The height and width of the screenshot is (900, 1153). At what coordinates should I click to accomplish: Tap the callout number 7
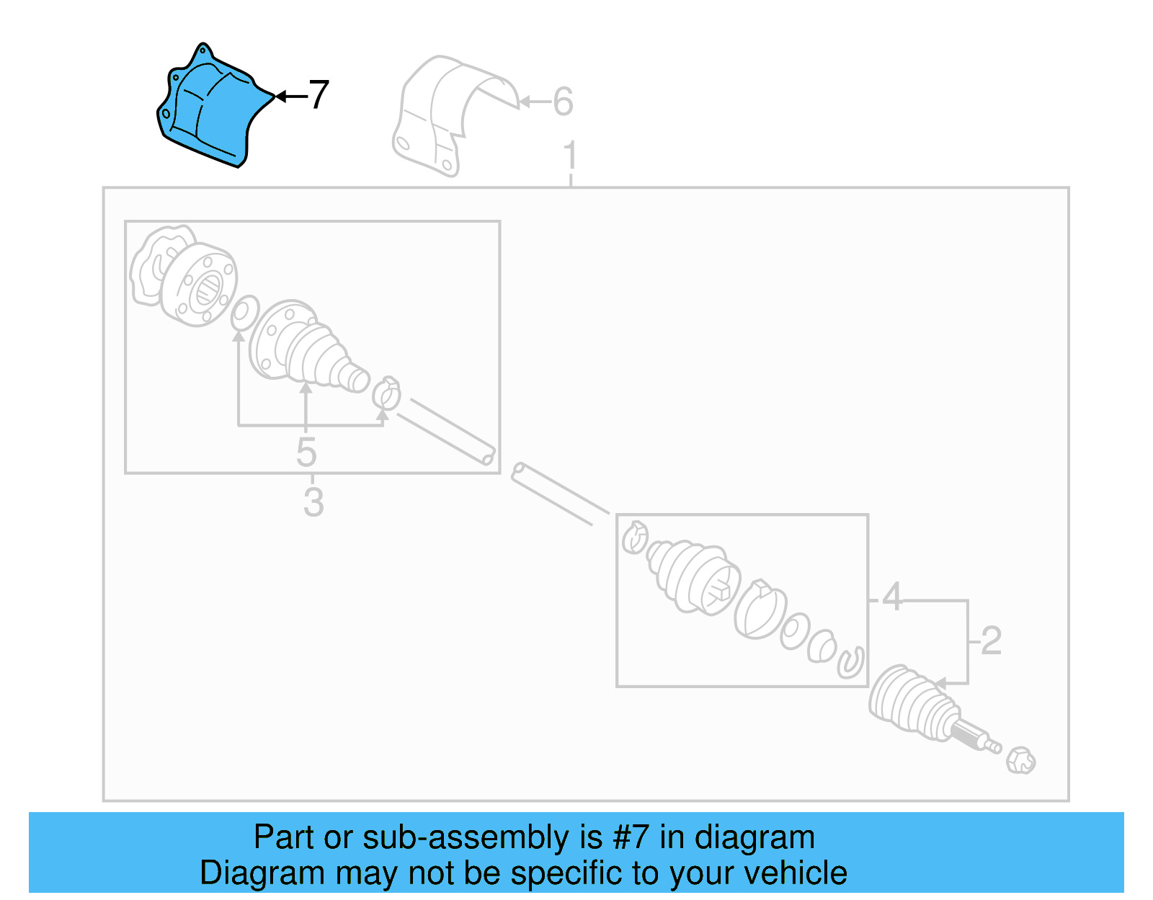318,94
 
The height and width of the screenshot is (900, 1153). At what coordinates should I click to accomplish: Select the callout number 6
563,102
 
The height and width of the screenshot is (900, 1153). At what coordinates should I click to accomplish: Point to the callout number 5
306,453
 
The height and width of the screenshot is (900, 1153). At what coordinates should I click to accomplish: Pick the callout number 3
313,502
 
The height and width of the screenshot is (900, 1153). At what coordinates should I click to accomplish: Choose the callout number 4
892,597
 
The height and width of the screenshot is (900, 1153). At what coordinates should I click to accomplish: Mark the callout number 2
991,641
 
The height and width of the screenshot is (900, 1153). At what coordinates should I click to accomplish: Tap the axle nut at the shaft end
1021,761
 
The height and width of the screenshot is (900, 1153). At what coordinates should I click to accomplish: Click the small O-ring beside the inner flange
245,313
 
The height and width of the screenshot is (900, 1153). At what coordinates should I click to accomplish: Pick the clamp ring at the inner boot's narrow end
387,393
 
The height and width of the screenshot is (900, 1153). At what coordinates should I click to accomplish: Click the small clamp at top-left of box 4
635,537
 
